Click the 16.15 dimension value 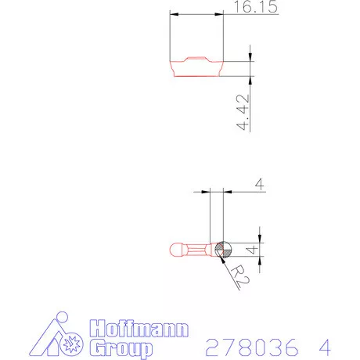[256, 6]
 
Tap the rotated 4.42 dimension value [243, 112]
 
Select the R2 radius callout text [240, 275]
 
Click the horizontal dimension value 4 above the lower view [260, 184]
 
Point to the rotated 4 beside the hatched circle [252, 250]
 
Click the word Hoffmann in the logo [139, 328]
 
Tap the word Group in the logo [121, 348]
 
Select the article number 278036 [252, 347]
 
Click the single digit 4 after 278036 [325, 347]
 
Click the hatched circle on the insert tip [223, 250]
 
